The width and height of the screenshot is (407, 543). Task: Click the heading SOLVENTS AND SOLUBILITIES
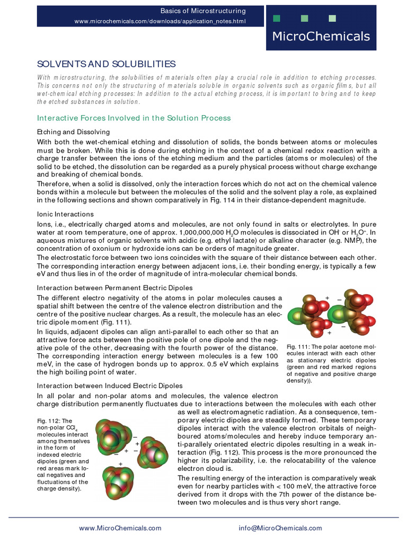[x=106, y=64]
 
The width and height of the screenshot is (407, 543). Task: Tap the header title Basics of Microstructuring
[x=203, y=11]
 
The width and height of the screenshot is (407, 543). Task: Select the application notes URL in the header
[x=160, y=21]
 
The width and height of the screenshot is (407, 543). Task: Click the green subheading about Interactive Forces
[x=134, y=118]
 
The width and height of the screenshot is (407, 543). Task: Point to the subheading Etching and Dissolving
[x=73, y=132]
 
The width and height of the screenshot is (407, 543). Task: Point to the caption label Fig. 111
[x=299, y=346]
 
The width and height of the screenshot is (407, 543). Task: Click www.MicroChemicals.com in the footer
[x=120, y=528]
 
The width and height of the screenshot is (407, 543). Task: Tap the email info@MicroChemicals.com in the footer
[x=280, y=528]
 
